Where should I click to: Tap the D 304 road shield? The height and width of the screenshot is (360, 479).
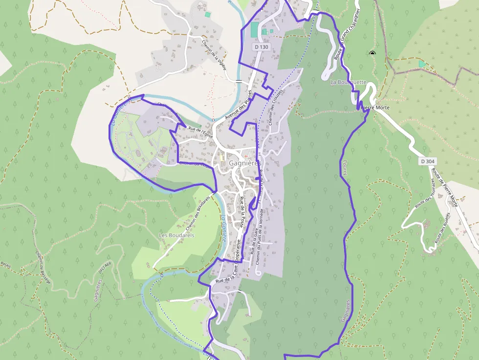[x=427, y=161]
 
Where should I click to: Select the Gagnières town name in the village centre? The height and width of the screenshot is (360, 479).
[x=245, y=164]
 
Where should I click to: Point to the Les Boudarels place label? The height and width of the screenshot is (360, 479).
[x=177, y=235]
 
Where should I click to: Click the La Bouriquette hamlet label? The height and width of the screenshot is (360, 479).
[x=348, y=82]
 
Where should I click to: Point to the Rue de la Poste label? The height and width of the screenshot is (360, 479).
[x=241, y=210]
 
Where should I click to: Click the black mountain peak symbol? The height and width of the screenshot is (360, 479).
[x=372, y=53]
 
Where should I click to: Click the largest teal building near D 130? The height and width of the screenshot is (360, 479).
[x=254, y=29]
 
